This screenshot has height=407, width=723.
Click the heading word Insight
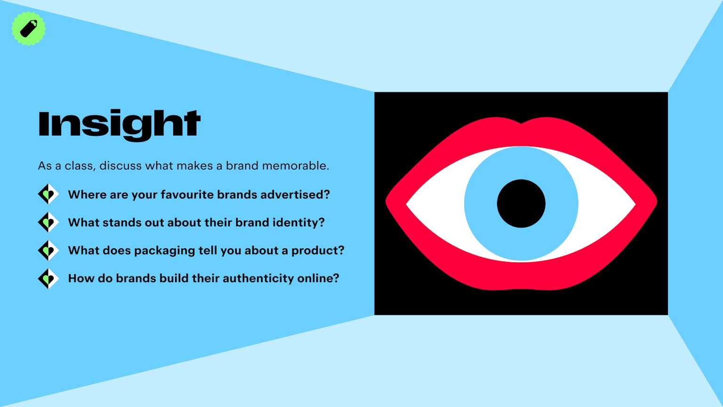[x=120, y=125]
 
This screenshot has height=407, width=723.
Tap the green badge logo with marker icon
[x=28, y=28]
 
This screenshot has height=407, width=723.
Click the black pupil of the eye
[x=521, y=203]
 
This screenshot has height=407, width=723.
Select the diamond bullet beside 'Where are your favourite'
[x=48, y=194]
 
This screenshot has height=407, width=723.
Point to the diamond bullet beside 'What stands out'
[x=48, y=222]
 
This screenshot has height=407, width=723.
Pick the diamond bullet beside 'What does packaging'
[x=48, y=250]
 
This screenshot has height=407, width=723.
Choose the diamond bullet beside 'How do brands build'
[x=48, y=278]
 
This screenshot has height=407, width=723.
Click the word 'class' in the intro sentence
[x=79, y=166]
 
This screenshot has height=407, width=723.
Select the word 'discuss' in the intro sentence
[x=120, y=166]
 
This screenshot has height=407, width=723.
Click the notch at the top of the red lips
[x=521, y=123]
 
